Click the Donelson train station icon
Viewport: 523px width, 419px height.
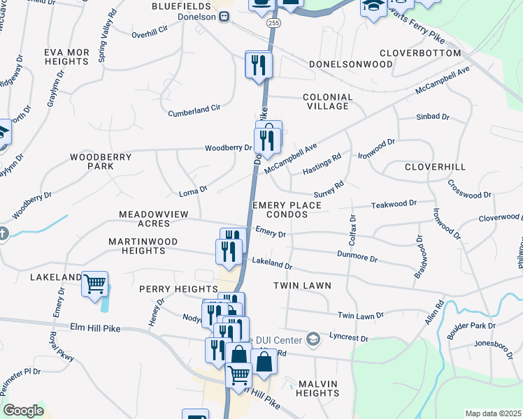pos(224,17)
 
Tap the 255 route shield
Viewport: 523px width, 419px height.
pos(272,23)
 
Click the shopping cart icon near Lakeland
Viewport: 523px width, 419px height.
pos(94,285)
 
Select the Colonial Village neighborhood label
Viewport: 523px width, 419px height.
pos(327,101)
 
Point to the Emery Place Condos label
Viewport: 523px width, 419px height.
pos(286,209)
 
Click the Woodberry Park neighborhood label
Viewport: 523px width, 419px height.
pos(101,162)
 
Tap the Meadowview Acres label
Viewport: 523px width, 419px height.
pos(144,219)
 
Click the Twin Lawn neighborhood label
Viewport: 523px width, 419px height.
pos(301,286)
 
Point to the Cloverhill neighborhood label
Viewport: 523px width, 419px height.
pos(435,168)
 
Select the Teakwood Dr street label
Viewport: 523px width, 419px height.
pos(393,203)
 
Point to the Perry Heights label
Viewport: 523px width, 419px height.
pos(178,289)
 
